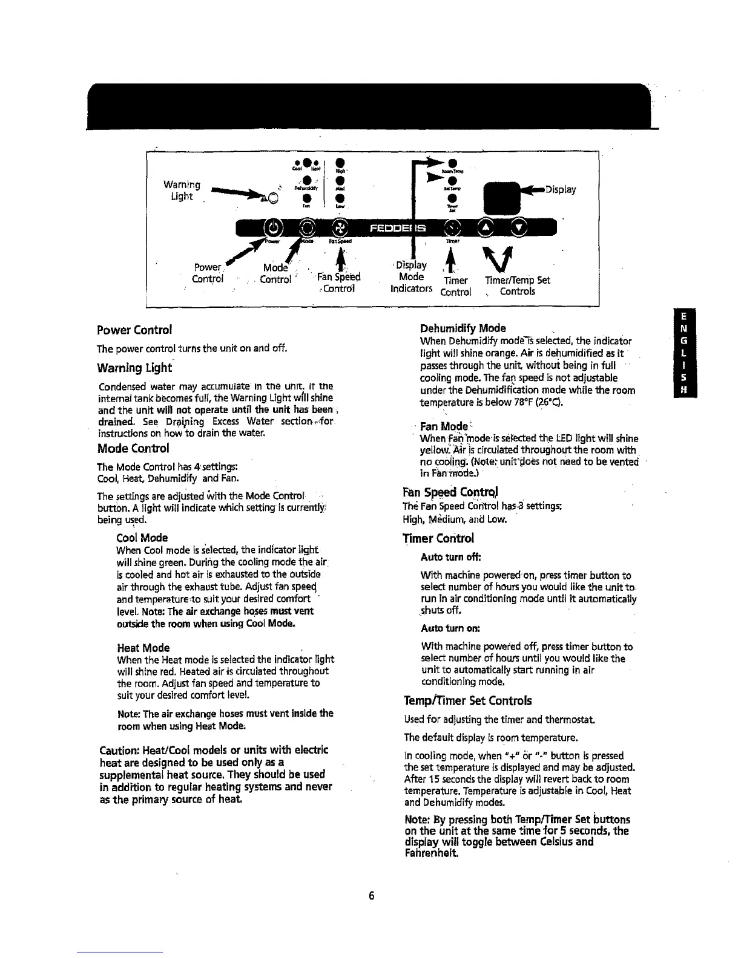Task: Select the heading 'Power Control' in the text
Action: point(134,330)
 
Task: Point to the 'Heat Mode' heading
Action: point(143,648)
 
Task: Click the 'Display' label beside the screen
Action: point(560,189)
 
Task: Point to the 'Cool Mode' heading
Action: point(142,538)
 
